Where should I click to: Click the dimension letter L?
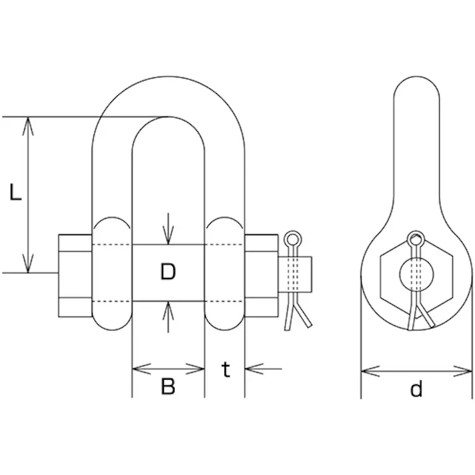click(x=16, y=192)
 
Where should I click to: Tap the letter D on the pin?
click(x=168, y=271)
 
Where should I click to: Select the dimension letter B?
click(x=168, y=386)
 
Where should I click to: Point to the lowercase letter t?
click(x=226, y=369)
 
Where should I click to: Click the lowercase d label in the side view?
click(x=416, y=388)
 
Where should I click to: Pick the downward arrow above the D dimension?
click(x=168, y=229)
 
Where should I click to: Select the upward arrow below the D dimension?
click(x=168, y=317)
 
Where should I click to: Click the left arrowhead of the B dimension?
click(x=142, y=368)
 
